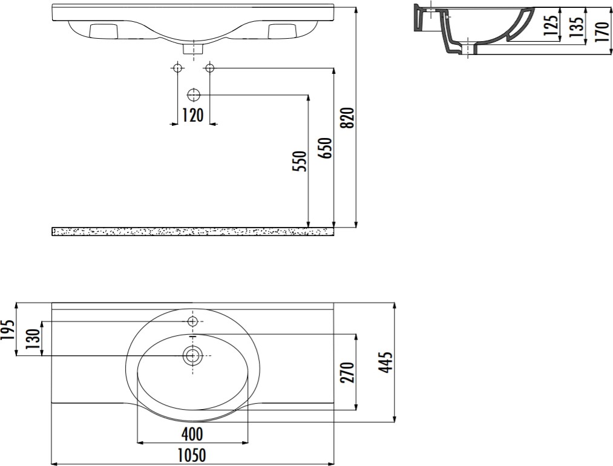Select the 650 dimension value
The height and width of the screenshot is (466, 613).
(x=326, y=148)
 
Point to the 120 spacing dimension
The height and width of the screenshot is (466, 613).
(x=193, y=116)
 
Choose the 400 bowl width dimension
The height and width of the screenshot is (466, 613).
(x=192, y=434)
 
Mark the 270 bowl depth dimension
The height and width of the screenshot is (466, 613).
(x=349, y=372)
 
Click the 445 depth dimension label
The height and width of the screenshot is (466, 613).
(x=386, y=362)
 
